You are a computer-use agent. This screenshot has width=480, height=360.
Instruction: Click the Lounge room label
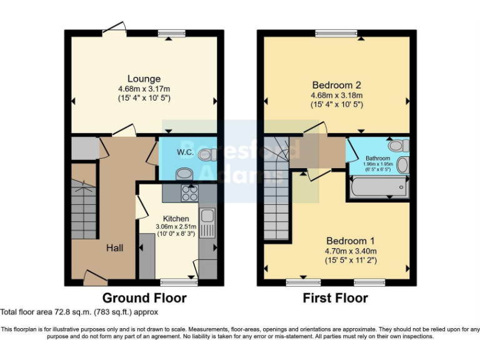(144, 79)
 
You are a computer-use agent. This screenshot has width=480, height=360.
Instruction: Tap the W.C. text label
(184, 151)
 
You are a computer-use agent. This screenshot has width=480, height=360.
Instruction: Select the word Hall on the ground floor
(114, 248)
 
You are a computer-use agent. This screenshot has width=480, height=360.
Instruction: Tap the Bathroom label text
(377, 159)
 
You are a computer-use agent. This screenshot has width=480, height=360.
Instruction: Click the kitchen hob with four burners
(189, 192)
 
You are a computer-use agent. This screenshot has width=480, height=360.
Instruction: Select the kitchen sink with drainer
(207, 223)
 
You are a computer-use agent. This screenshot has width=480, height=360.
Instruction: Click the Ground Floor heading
(144, 298)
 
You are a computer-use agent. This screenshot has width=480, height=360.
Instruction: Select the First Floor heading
(336, 298)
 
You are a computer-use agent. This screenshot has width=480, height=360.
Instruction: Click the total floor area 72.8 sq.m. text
(79, 312)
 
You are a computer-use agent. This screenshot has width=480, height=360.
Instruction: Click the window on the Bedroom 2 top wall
(336, 33)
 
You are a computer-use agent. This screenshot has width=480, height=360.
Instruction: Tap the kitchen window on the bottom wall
(179, 282)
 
